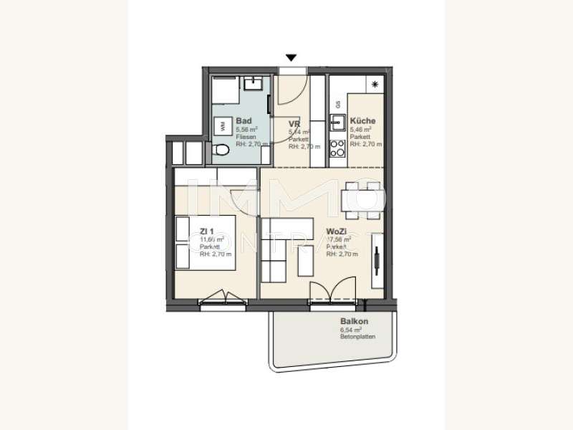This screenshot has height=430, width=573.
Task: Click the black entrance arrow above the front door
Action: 291,58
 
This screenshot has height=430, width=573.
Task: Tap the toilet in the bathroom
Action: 221,150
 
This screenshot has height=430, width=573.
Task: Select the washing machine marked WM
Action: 222,125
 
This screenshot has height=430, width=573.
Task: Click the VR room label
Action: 294,123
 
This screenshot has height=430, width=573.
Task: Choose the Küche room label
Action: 362,121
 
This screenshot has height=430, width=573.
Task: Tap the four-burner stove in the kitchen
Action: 337,148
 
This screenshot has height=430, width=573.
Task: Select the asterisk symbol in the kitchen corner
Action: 376,85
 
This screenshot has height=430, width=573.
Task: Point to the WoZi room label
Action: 337,231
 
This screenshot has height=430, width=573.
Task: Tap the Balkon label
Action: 354,321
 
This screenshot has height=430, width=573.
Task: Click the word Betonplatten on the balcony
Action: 357,336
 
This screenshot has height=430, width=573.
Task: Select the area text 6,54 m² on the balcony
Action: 350,329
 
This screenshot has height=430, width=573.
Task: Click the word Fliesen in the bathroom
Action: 246,136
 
